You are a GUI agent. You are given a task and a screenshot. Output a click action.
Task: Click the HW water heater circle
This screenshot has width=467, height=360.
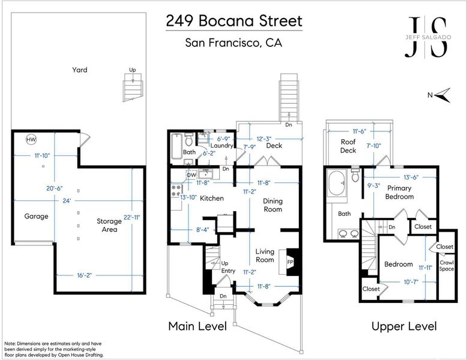[31, 139]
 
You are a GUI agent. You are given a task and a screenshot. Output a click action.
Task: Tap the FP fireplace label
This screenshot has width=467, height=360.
[290, 262]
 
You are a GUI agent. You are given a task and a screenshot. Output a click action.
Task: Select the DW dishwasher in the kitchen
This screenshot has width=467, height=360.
[191, 175]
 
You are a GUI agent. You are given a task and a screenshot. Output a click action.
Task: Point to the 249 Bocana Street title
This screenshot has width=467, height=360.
[234, 21]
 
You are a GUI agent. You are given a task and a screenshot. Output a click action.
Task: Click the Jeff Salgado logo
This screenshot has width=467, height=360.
[428, 37]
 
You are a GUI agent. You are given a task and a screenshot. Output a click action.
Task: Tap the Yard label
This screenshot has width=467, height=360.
[79, 70]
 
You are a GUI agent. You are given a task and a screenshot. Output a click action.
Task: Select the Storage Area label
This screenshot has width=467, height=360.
[109, 225]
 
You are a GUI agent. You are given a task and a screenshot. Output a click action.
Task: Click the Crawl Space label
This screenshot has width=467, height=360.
[447, 266]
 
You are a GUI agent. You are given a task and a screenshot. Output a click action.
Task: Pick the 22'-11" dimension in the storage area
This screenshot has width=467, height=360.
[131, 218]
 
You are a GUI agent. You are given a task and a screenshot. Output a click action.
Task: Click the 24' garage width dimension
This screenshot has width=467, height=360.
[67, 200]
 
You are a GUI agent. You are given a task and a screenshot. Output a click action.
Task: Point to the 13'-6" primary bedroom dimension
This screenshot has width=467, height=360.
[411, 177]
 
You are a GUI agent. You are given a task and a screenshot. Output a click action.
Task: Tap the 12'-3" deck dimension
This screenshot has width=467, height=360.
[264, 139]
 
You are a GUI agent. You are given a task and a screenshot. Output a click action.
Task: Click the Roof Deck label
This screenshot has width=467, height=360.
[348, 146]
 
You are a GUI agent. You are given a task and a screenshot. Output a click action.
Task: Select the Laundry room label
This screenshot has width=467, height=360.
[221, 146]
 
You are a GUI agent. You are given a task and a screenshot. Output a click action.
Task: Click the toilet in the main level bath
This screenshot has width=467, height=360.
[188, 139]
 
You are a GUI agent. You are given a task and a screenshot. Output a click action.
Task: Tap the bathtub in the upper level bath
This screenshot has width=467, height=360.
[337, 182]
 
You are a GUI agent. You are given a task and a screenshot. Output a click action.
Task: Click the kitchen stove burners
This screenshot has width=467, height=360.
[176, 190]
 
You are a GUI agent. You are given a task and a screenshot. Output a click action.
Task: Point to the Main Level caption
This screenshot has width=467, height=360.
[197, 326]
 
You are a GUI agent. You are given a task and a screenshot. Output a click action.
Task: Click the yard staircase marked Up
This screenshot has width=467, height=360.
[133, 87]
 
